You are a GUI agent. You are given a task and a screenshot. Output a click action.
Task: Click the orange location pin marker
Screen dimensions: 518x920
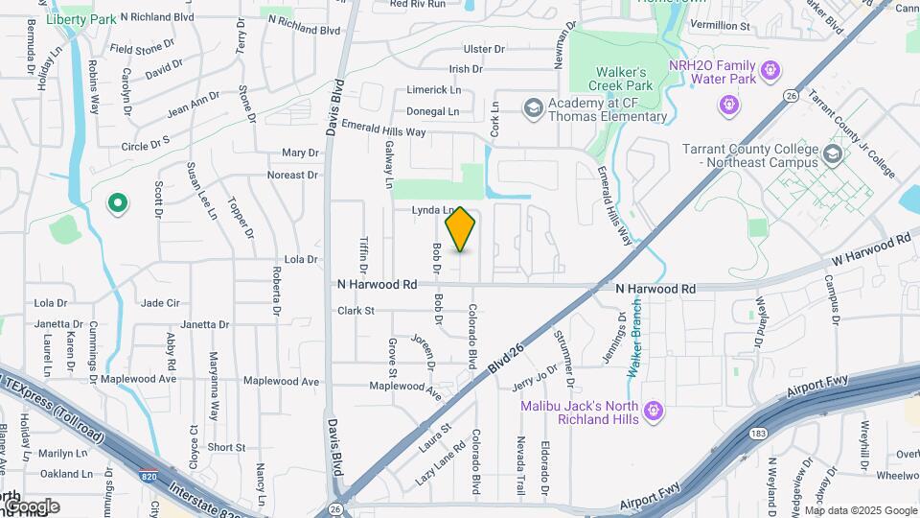tap(461, 228)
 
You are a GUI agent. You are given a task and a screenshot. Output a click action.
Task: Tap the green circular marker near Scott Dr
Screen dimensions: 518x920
tap(118, 202)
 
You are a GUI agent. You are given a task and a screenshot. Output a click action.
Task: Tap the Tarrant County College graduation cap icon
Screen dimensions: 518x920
tap(833, 153)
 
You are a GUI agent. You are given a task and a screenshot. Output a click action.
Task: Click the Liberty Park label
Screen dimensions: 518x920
tap(80, 19)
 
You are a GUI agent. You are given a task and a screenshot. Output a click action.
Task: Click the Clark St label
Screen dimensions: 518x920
tap(355, 311)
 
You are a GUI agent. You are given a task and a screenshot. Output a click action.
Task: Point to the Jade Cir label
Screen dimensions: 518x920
tap(160, 303)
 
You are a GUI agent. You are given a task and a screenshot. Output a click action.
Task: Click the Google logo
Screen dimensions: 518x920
tap(32, 506)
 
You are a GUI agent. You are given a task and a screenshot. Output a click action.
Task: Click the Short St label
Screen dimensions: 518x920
tap(226, 447)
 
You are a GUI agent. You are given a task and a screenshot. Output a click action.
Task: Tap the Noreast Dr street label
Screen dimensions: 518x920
tap(292, 176)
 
